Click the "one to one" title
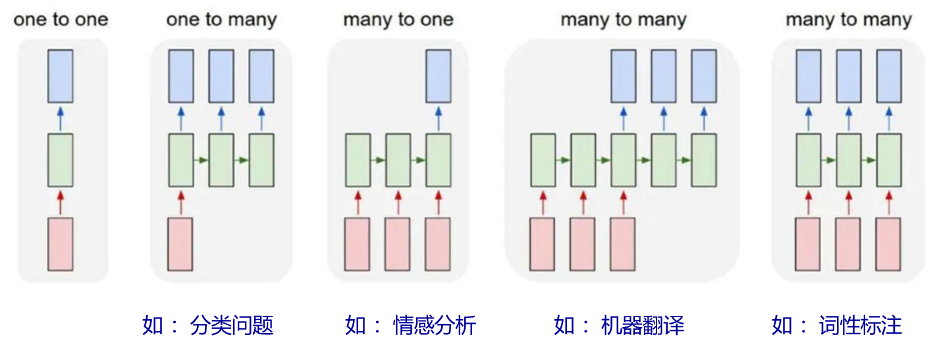[x=61, y=20]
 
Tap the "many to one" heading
[x=398, y=20]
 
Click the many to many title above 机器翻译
[x=623, y=20]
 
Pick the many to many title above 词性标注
[x=848, y=20]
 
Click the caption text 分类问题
[x=231, y=325]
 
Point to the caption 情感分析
[x=434, y=325]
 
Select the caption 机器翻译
[x=643, y=325]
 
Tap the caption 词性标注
[x=860, y=325]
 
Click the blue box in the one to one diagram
[x=61, y=76]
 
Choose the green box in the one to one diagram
[x=61, y=160]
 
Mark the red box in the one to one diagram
[x=61, y=244]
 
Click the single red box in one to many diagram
[x=180, y=244]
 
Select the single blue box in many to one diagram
[x=438, y=76]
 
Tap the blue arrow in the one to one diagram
[x=61, y=118]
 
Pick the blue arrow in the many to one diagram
[x=438, y=118]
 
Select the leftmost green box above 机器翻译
[x=543, y=160]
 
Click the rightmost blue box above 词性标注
[x=888, y=76]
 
